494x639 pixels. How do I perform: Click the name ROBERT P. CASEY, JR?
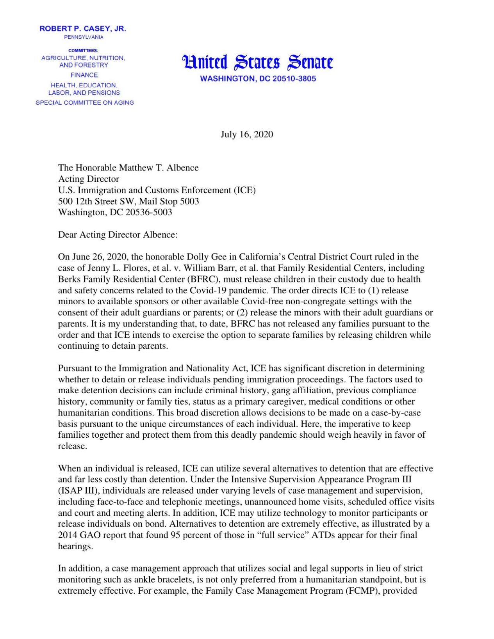pos(83,29)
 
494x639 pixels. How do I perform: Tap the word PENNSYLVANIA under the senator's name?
pos(84,37)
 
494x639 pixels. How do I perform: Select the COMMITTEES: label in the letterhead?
pos(83,50)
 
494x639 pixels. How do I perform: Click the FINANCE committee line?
pos(84,75)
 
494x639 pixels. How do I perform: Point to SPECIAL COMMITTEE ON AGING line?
pos(85,103)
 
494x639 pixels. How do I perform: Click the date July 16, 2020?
pos(246,135)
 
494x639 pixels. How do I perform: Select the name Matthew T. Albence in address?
pos(159,168)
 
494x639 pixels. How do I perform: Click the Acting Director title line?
pos(89,179)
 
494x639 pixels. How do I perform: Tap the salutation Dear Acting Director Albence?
pos(118,235)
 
